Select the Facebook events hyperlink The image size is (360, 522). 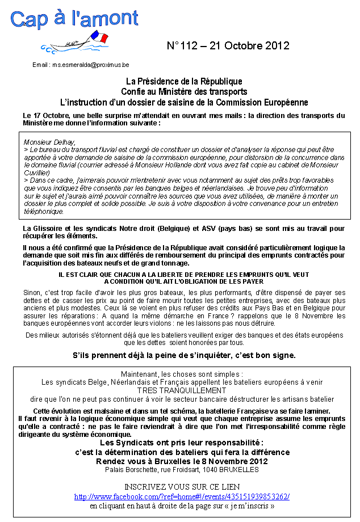(x=182, y=496)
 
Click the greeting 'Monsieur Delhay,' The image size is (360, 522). (x=49, y=141)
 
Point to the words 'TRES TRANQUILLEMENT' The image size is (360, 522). (x=182, y=390)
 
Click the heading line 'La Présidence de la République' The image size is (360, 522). (x=184, y=82)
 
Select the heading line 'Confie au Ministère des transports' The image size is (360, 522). (x=184, y=92)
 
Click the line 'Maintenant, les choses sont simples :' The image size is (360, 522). (x=182, y=374)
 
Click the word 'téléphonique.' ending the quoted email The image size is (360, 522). (x=44, y=211)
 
